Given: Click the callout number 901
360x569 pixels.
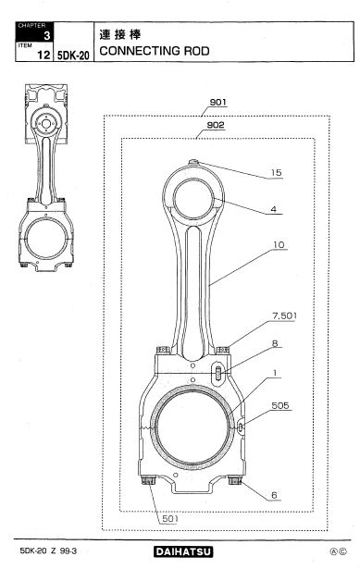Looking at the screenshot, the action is [x=217, y=103].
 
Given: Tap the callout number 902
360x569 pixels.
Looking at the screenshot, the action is [x=216, y=125].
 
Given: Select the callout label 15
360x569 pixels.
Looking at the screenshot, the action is [x=276, y=173].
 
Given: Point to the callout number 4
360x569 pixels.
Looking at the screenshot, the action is [x=273, y=209].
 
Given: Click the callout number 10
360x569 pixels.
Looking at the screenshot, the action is [x=279, y=245].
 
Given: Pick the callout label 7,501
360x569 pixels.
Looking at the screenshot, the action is [x=284, y=315].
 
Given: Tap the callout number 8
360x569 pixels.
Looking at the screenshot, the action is [x=275, y=343].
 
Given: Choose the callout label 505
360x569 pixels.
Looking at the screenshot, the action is [x=280, y=405].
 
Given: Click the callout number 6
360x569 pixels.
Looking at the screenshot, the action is [x=274, y=495].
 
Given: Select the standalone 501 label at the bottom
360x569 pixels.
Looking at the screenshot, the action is [x=170, y=518].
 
